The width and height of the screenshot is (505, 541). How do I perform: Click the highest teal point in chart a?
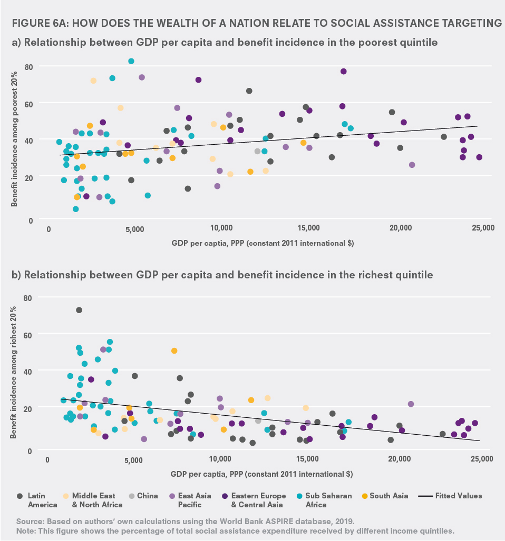131,61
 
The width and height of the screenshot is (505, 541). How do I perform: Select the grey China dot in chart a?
257,151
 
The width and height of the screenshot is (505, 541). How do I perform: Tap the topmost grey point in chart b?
79,310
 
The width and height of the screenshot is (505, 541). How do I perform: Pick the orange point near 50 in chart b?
174,350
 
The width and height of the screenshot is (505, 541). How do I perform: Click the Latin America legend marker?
20,496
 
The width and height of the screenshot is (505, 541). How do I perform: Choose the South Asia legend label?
389,496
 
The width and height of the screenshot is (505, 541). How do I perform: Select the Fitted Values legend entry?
450,496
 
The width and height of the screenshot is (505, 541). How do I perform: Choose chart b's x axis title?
261,474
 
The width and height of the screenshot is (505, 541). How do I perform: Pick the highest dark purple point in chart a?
343,71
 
